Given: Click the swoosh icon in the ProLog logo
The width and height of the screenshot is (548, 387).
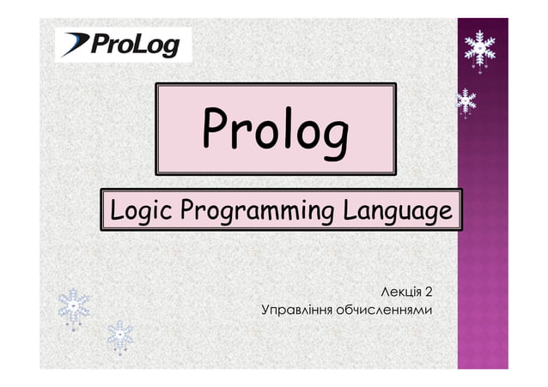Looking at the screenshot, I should (x=75, y=43).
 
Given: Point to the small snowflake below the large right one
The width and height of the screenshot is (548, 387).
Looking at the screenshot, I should (x=466, y=102).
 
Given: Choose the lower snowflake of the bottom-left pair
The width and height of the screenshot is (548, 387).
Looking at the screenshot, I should (x=120, y=337).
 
